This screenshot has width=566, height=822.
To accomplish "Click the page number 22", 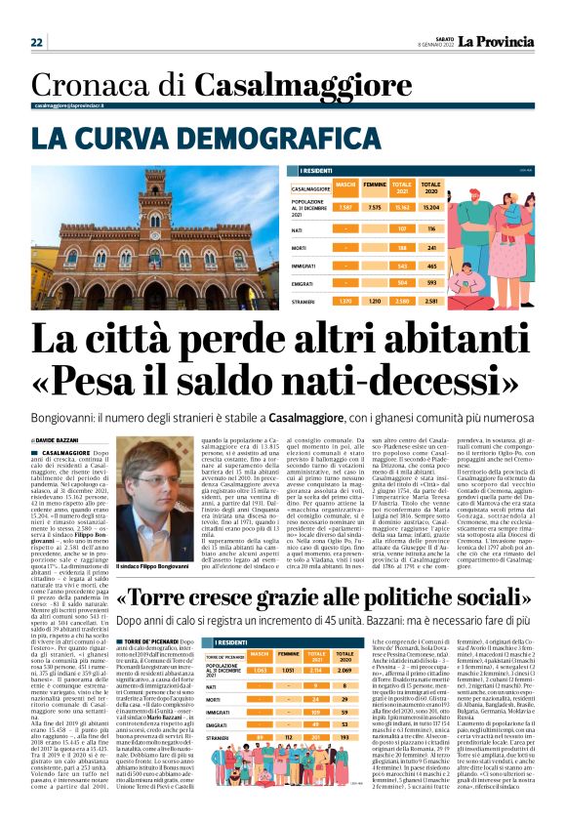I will click(36, 42).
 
